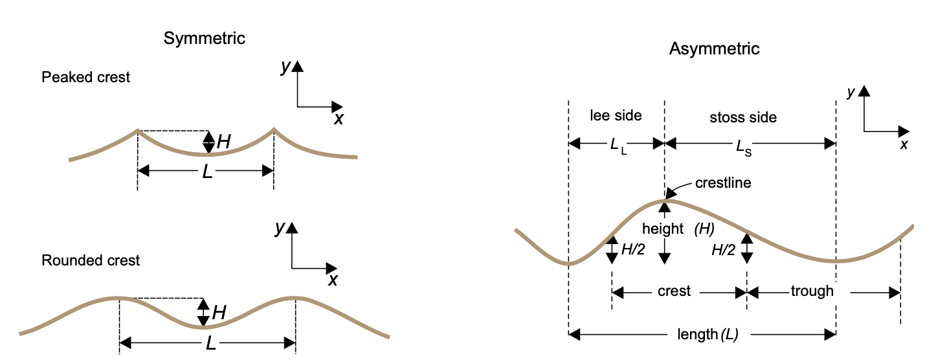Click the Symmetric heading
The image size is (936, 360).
click(204, 38)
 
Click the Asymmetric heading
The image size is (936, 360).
click(714, 49)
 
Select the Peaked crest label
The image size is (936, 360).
click(85, 78)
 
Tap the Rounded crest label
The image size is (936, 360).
click(91, 261)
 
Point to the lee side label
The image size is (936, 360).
click(616, 116)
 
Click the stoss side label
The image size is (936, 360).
click(742, 118)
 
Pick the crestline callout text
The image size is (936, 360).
click(723, 183)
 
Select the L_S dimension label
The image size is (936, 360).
click(744, 146)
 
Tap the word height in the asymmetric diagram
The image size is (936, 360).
click(663, 229)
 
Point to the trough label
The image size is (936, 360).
click(812, 291)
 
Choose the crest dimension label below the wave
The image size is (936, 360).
click(674, 291)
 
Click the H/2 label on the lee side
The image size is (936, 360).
click(633, 250)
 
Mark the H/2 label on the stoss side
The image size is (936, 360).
click(724, 250)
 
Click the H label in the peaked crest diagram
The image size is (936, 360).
click(223, 142)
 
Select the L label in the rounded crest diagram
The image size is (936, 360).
click(210, 343)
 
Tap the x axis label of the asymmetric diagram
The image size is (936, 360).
click(904, 144)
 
